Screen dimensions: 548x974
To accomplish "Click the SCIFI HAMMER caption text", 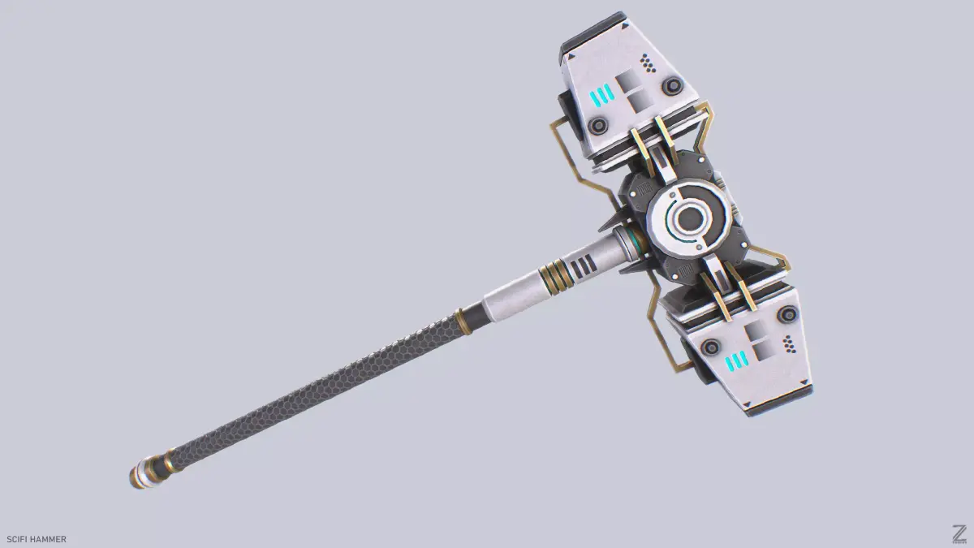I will [37, 539].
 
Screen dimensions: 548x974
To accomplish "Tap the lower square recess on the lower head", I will [762, 352].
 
